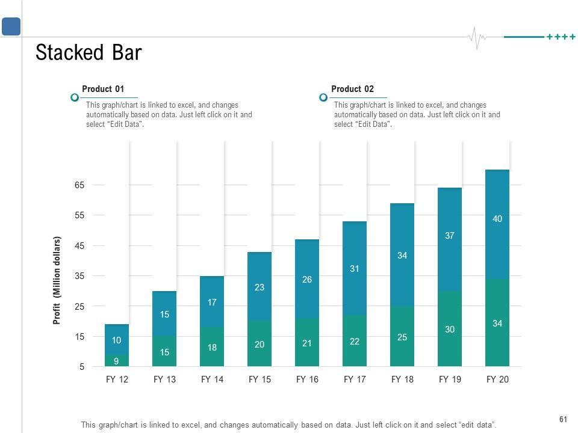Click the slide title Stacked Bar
89,53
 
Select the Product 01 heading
103,89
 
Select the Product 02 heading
352,89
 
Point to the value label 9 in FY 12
116,361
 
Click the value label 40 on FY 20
497,220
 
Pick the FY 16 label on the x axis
307,379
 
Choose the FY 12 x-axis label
117,379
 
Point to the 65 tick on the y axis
79,185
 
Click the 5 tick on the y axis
82,367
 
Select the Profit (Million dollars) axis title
58,280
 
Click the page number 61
564,419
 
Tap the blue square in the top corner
11,26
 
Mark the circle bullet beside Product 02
323,97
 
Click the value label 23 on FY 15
259,287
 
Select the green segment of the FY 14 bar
212,355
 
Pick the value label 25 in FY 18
402,337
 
